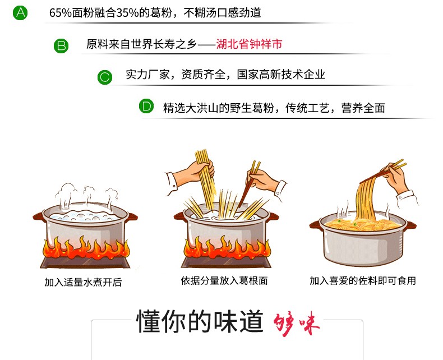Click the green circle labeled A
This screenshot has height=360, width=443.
(20, 13)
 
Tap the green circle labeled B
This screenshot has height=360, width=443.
(61, 45)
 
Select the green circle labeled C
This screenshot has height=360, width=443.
(105, 77)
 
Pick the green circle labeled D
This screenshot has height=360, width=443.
(146, 106)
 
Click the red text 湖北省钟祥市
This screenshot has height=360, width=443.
(249, 44)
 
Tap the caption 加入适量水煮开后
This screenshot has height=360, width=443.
(83, 282)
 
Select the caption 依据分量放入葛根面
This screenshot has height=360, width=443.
(224, 280)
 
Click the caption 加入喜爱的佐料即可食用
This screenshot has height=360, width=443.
(363, 280)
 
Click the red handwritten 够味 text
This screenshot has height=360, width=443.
(297, 323)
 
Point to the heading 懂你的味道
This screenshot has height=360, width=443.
(200, 321)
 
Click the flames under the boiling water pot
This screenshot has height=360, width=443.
(86, 248)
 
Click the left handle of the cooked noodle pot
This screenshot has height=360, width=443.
(315, 225)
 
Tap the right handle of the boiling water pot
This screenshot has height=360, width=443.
(132, 217)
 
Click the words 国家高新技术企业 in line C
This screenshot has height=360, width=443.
(281, 75)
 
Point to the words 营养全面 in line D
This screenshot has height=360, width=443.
(363, 108)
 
